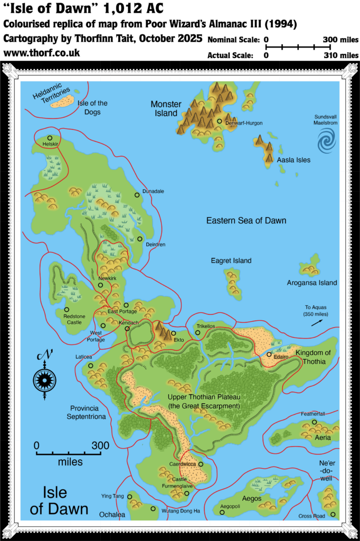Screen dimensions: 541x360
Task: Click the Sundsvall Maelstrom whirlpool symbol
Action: point(326,141)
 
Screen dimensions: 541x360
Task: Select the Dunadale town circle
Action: point(137,195)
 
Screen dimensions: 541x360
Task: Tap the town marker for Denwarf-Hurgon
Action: point(220,122)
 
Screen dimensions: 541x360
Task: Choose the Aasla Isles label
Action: point(293,160)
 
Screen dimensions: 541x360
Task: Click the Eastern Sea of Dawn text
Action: point(246,220)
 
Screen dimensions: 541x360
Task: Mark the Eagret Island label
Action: point(231,260)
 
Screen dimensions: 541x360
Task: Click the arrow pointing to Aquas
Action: point(316,323)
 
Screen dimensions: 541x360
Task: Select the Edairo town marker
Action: point(269,355)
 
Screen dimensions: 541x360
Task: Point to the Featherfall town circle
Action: point(315,422)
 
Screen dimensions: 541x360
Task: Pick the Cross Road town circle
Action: point(333,514)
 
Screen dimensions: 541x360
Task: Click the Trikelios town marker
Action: point(198,332)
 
